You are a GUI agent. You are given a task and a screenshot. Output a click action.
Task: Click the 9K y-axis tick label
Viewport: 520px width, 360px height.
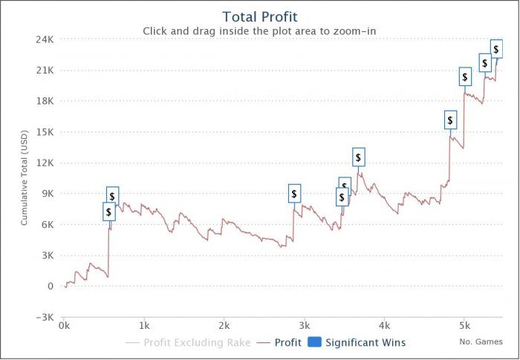[x=47, y=194]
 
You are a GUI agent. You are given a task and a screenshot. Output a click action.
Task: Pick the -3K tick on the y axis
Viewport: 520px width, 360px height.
[x=44, y=317]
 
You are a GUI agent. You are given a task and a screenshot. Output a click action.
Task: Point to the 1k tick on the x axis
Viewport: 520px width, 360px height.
[x=144, y=326]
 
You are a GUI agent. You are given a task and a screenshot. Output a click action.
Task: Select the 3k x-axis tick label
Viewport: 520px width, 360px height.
[x=305, y=326]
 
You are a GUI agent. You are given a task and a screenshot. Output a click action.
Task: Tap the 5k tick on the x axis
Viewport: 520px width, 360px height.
[x=464, y=326]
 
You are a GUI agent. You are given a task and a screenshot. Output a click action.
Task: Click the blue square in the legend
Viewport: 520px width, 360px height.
[x=314, y=343]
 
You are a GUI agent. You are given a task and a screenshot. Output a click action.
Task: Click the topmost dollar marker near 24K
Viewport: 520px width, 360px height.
[x=496, y=50]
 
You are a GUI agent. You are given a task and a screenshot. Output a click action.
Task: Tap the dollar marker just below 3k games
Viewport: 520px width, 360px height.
[x=294, y=194]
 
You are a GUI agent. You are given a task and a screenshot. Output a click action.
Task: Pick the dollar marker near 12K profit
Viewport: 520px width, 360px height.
[x=358, y=157]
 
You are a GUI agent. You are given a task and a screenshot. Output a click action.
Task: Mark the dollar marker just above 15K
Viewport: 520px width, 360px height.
[x=450, y=120]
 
